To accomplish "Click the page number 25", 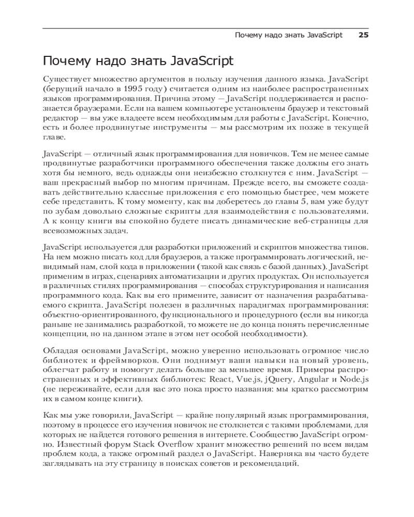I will pyautogui.click(x=363, y=35).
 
